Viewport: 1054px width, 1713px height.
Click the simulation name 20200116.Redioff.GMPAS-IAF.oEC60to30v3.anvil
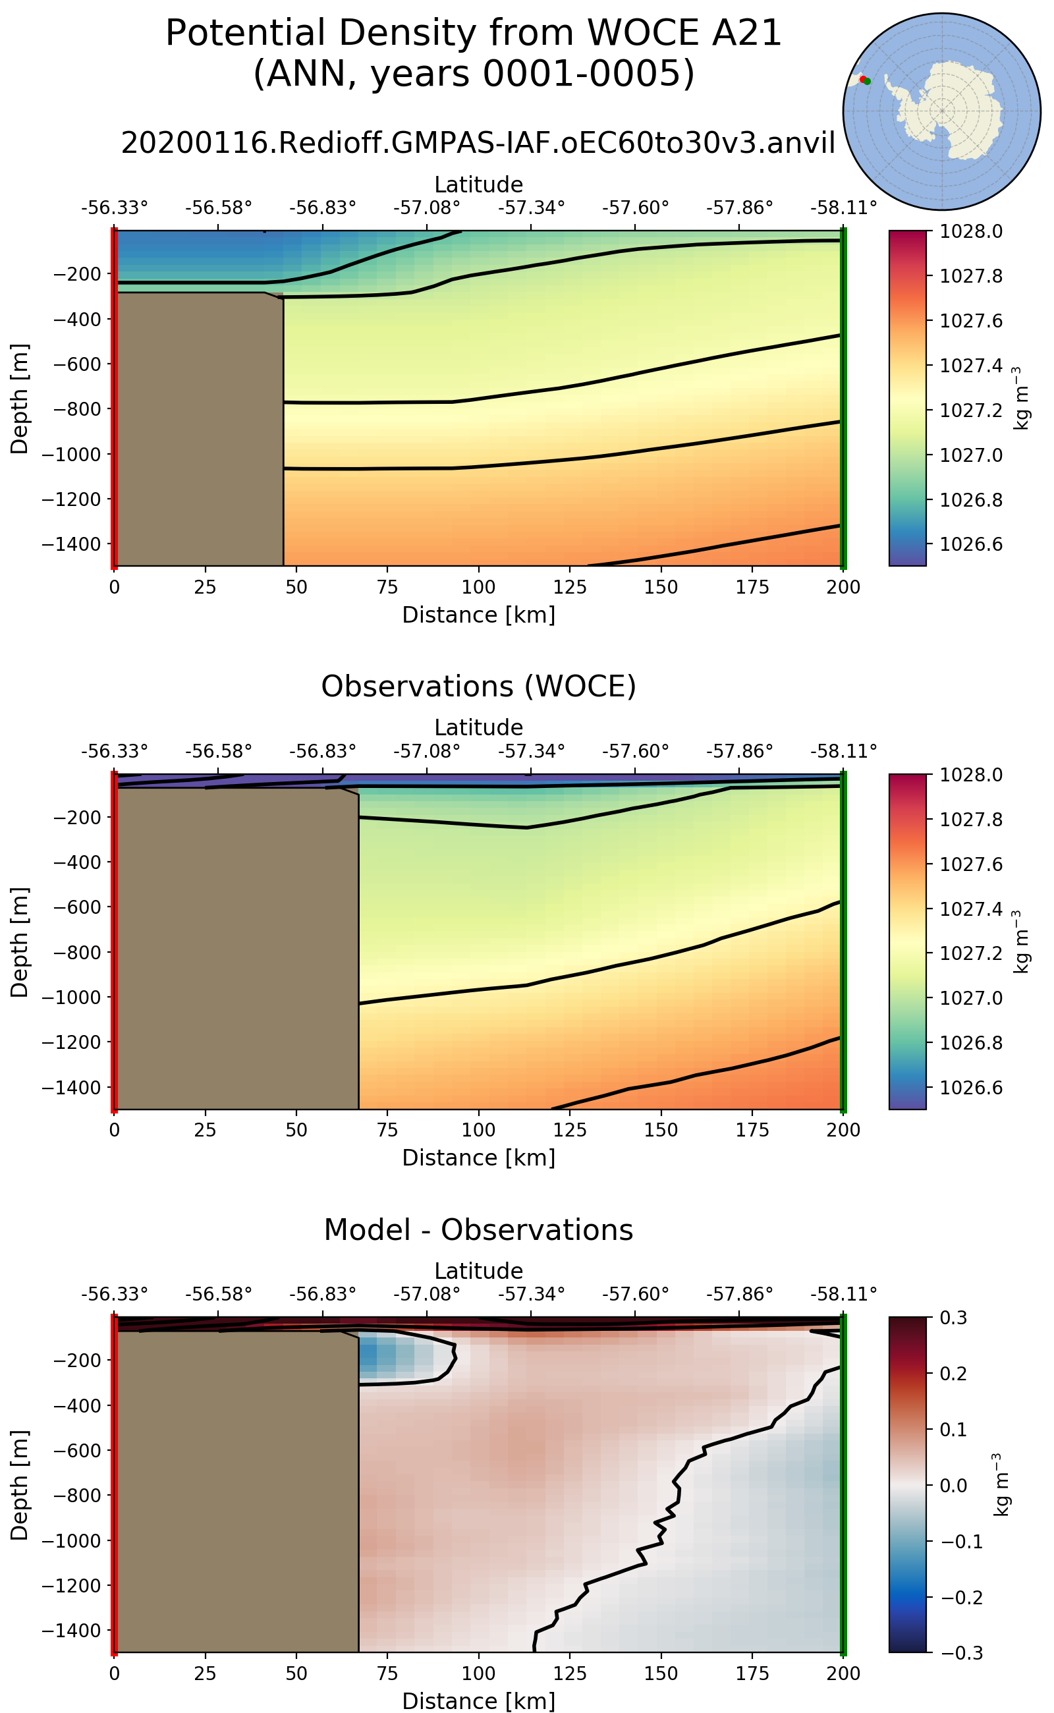478,143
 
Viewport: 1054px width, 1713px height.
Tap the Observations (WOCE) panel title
478,687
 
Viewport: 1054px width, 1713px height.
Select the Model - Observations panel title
478,1230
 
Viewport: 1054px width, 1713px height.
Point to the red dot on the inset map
863,80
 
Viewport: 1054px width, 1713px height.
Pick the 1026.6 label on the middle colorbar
971,1088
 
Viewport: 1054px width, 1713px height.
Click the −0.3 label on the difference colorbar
962,1653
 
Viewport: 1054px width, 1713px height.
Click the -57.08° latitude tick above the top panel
427,208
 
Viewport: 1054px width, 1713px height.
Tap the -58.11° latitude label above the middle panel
843,751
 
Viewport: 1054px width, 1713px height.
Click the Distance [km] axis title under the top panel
478,615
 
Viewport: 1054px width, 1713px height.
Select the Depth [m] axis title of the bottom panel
20,1485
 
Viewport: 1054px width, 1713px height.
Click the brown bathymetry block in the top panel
199,429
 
